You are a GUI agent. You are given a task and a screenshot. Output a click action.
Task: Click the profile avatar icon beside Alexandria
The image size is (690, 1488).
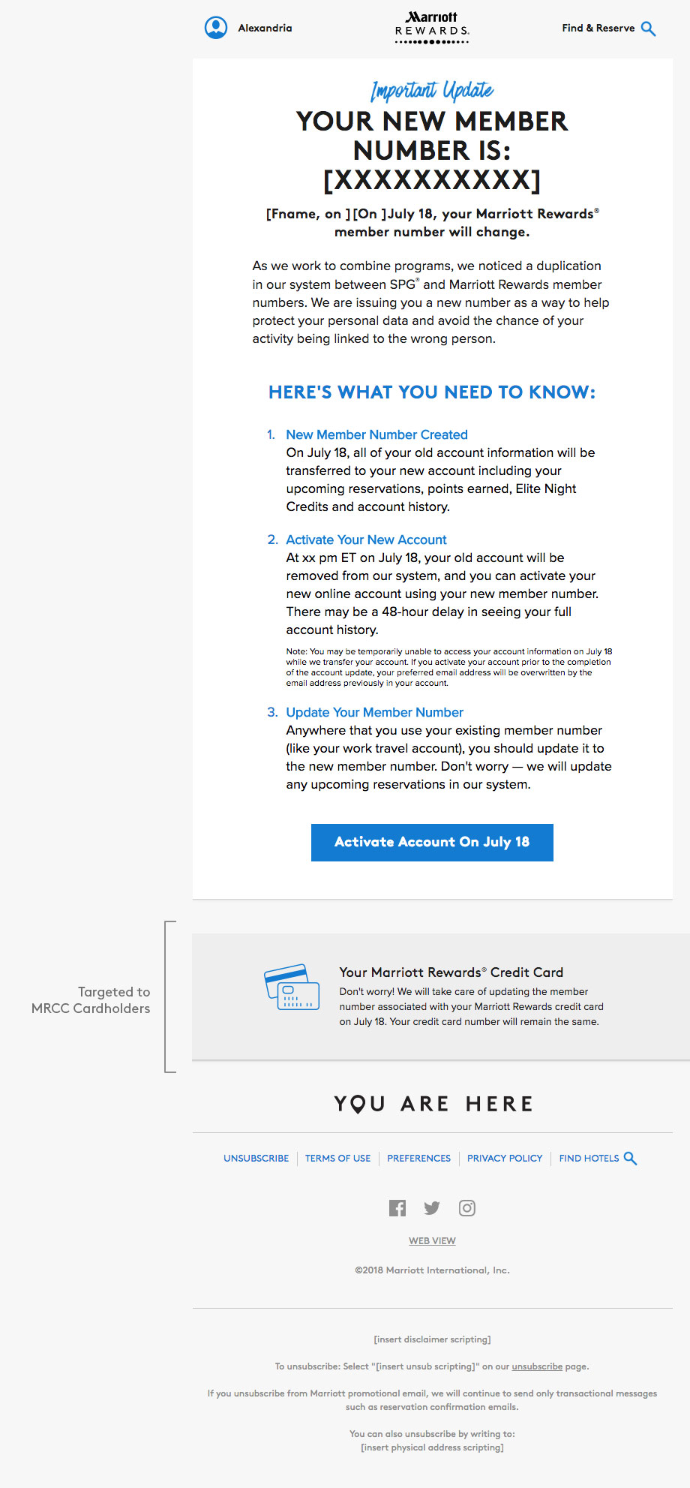[x=216, y=28]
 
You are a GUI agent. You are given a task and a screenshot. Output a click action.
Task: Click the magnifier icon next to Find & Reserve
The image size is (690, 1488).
[x=649, y=29]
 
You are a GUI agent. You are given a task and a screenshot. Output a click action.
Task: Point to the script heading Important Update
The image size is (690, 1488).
[x=432, y=91]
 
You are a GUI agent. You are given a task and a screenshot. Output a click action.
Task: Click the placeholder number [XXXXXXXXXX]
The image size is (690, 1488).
[x=432, y=180]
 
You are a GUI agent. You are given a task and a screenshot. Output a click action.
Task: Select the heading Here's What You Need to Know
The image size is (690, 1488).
[x=432, y=392]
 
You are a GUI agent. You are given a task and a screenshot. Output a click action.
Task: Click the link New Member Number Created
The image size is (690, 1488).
[x=376, y=434]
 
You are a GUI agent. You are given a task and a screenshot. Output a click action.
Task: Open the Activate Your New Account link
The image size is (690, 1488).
[x=366, y=540]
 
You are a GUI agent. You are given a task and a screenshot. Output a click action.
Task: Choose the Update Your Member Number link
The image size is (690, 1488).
[x=374, y=712]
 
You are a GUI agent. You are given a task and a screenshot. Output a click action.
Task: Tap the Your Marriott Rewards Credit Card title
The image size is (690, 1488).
[x=451, y=972]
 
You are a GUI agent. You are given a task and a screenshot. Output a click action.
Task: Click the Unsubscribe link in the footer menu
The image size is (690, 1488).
[x=256, y=1159]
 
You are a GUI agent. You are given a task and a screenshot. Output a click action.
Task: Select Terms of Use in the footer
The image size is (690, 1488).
[x=337, y=1159]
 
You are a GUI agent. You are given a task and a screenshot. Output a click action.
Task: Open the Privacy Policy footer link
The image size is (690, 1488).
[x=505, y=1159]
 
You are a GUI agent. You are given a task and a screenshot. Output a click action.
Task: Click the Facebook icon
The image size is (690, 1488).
[x=397, y=1208]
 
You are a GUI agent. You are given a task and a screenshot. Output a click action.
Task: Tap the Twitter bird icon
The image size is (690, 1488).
[x=432, y=1208]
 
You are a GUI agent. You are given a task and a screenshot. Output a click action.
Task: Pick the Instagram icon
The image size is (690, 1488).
[x=467, y=1208]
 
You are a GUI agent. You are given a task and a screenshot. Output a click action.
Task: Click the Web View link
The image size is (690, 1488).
[x=432, y=1241]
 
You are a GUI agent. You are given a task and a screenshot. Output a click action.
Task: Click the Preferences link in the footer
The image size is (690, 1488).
[x=418, y=1159]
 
